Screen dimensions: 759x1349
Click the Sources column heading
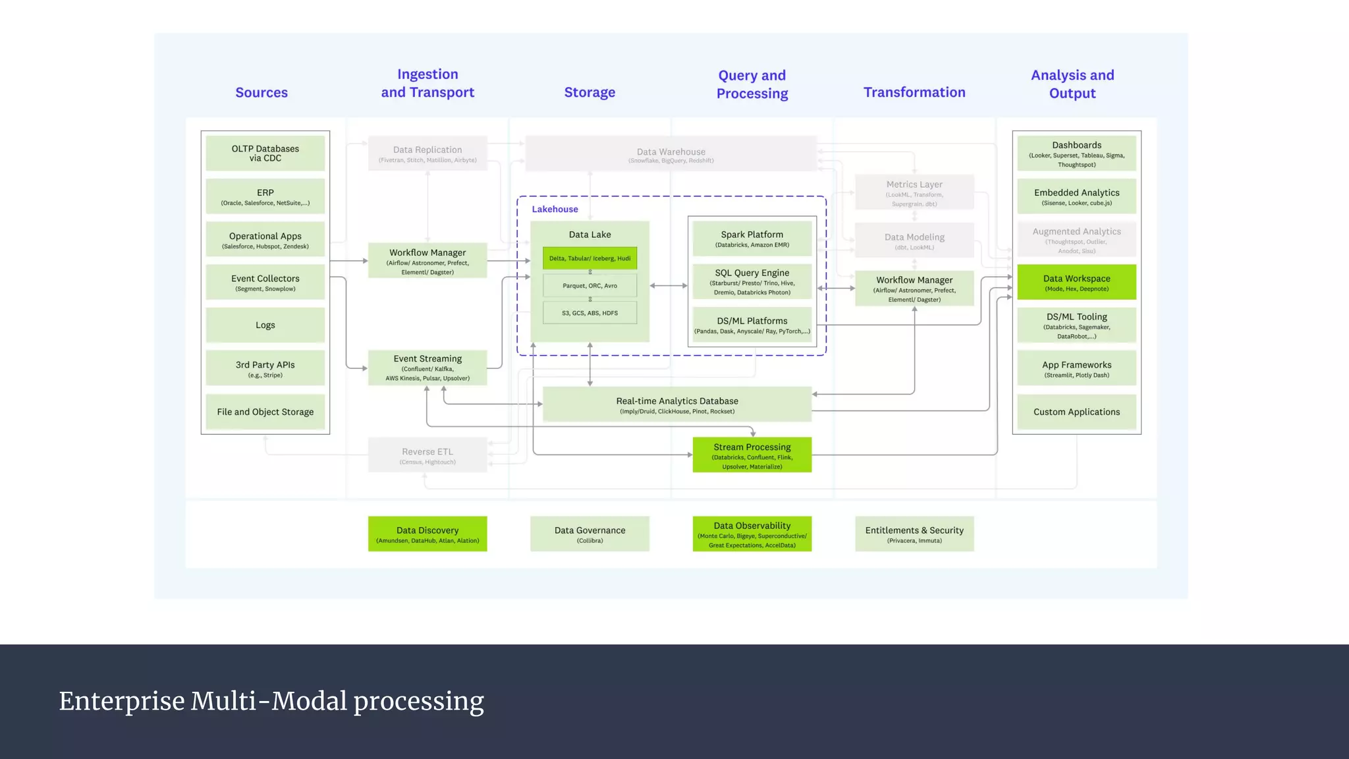click(x=262, y=92)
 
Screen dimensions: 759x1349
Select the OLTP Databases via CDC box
click(x=265, y=154)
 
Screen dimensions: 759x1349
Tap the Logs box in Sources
click(x=265, y=325)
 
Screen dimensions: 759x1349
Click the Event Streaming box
click(x=427, y=368)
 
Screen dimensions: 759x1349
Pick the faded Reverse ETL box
click(x=427, y=455)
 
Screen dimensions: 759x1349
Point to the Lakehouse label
click(x=555, y=209)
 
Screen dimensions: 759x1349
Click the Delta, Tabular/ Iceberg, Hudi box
click(x=590, y=258)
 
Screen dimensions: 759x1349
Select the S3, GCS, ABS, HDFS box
click(x=590, y=313)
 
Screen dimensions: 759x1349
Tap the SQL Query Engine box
click(x=752, y=282)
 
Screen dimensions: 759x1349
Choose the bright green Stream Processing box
click(x=752, y=455)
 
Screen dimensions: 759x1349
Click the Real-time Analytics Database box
click(x=676, y=405)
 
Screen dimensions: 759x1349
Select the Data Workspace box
click(x=1076, y=283)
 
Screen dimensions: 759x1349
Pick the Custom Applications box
click(x=1076, y=412)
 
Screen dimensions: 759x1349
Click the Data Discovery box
click(x=427, y=534)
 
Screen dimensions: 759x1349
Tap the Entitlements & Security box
click(x=914, y=534)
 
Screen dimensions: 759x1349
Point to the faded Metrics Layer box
click(x=914, y=192)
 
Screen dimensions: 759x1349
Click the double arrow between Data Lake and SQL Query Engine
click(x=669, y=286)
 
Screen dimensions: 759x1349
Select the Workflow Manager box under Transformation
click(x=914, y=289)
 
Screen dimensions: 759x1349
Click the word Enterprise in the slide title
click(x=121, y=701)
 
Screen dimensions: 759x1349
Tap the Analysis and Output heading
click(x=1072, y=84)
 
